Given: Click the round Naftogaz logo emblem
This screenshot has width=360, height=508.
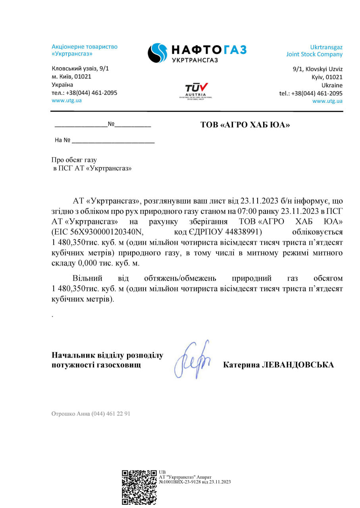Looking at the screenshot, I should (x=158, y=53).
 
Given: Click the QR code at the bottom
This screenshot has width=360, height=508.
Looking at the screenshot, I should (x=139, y=487).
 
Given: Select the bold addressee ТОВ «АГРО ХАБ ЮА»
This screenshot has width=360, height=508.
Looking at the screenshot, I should (x=245, y=125).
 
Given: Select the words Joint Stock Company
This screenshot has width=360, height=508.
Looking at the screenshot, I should (x=314, y=54).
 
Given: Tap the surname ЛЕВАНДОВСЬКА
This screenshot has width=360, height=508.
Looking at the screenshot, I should (x=298, y=365).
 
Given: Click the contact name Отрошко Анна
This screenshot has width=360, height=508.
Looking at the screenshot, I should (x=70, y=414).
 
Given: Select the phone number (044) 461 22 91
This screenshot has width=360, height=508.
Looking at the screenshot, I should (x=111, y=414).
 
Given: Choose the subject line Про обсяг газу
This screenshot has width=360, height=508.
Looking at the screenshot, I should (x=74, y=160).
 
